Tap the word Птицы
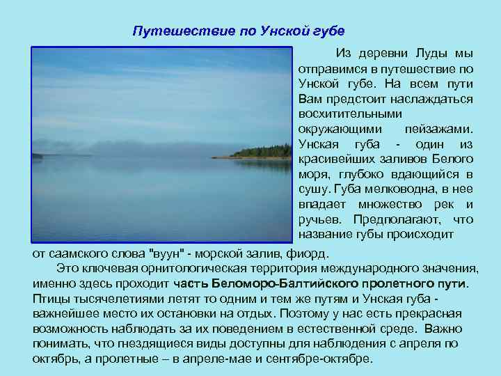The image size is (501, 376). pyautogui.click(x=49, y=299)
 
